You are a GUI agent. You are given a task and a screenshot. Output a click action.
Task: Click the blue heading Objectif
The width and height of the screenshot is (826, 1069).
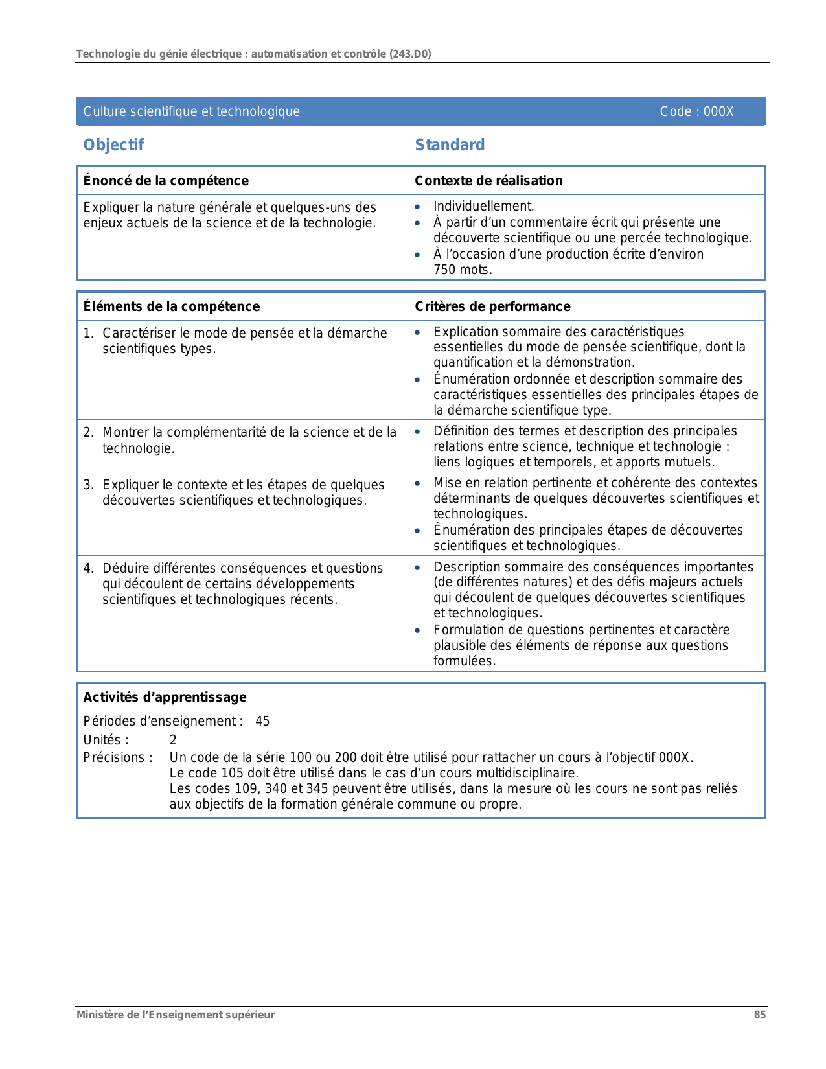(x=113, y=145)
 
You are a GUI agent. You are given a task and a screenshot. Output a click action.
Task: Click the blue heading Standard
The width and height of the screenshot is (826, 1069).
(x=450, y=145)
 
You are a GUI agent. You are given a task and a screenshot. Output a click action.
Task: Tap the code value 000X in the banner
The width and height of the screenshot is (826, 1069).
(x=718, y=111)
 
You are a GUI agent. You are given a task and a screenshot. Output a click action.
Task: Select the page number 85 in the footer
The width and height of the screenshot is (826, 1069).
(x=759, y=1015)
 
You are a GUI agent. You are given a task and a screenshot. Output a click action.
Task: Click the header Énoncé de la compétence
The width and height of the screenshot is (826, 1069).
(x=166, y=181)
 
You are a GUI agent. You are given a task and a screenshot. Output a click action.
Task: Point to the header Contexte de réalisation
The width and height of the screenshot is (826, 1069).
(x=488, y=181)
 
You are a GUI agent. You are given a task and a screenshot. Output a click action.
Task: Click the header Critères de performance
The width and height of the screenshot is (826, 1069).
(x=492, y=306)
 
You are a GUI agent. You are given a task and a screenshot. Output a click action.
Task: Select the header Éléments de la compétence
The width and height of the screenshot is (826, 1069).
(x=172, y=306)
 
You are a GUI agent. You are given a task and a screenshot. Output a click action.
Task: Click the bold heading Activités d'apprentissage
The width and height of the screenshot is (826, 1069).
(x=165, y=697)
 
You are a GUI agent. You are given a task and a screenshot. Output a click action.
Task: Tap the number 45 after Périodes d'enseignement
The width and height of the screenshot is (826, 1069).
(x=262, y=722)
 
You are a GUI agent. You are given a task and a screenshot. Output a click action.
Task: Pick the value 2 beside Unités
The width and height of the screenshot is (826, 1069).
(x=173, y=740)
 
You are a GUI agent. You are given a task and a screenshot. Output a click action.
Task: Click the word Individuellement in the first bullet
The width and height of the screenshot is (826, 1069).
(x=483, y=206)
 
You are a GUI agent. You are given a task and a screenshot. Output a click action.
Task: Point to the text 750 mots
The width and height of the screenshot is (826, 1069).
(x=463, y=270)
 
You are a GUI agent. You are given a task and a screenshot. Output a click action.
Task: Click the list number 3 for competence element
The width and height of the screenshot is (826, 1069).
(x=88, y=485)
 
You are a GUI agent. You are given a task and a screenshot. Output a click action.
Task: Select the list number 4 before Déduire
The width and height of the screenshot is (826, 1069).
(x=88, y=569)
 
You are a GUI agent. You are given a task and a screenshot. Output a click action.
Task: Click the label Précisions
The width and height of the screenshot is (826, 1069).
(x=118, y=757)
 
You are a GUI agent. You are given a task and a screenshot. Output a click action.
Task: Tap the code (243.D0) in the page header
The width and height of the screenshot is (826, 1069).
(x=410, y=54)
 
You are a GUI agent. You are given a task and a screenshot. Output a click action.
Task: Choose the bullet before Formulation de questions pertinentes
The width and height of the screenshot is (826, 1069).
(x=418, y=630)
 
